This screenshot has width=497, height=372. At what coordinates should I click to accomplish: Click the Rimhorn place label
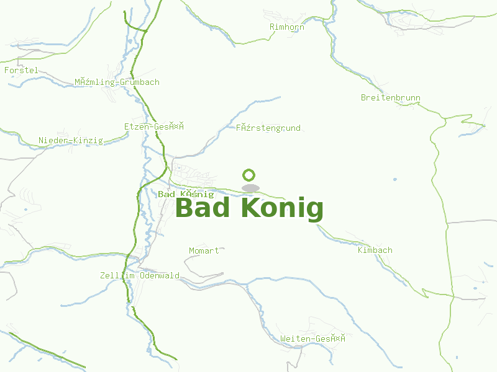[x=287, y=27]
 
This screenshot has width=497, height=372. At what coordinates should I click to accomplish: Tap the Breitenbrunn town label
[x=391, y=98]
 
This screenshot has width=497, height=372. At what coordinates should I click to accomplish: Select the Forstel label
[x=21, y=71]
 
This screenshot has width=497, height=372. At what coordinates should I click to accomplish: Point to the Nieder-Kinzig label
[x=71, y=141]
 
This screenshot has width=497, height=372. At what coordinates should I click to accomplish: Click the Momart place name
[x=204, y=250]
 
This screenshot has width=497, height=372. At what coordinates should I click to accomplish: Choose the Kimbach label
[x=375, y=250]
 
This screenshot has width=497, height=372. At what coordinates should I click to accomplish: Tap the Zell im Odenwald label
[x=140, y=276]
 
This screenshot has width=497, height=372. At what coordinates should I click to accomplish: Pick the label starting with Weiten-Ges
[x=312, y=339]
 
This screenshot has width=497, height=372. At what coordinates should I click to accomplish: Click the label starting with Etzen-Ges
[x=154, y=126]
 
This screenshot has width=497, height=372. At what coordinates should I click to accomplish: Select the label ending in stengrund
[x=268, y=128]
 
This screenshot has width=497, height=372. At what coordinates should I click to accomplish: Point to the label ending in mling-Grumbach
[x=117, y=82]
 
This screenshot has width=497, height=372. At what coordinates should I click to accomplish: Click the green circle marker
[x=250, y=175]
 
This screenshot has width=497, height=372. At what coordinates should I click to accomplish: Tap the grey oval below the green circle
[x=250, y=188]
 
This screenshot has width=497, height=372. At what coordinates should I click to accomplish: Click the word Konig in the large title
[x=282, y=208]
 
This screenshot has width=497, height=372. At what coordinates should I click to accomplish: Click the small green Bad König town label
[x=186, y=195]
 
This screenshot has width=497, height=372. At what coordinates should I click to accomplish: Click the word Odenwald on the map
[x=160, y=276]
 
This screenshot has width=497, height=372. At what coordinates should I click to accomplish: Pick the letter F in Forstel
[x=7, y=71]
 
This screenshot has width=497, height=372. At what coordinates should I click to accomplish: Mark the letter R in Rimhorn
[x=272, y=27]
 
